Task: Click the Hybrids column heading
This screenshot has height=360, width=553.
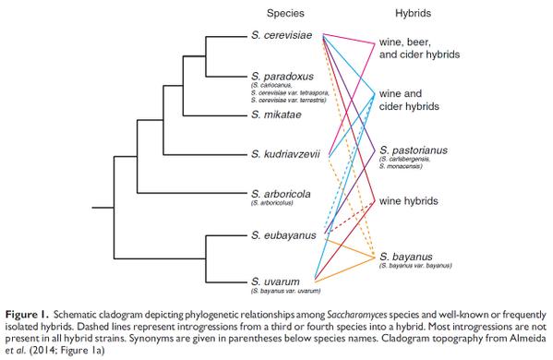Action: coord(410,13)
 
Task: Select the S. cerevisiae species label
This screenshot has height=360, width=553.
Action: coord(283,35)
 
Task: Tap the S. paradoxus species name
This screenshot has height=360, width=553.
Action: coord(281,75)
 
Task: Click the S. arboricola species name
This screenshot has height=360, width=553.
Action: coord(280,194)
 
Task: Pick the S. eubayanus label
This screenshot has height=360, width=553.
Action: coord(283,235)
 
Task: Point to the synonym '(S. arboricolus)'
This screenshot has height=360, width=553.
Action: coord(276,205)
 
